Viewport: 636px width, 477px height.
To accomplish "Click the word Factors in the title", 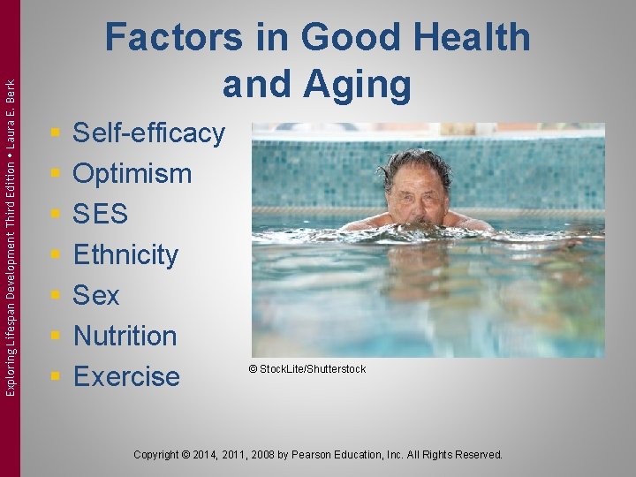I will pyautogui.click(x=173, y=39).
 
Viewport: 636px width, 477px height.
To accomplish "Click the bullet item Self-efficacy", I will pyautogui.click(x=148, y=133).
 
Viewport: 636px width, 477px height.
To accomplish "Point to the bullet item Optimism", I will pyautogui.click(x=132, y=173).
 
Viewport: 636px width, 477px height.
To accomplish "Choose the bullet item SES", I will pyautogui.click(x=100, y=214).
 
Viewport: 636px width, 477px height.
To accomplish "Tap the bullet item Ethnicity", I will pyautogui.click(x=125, y=254).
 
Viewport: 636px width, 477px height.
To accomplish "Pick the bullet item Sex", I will pyautogui.click(x=95, y=295).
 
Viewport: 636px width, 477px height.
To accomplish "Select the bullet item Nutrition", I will pyautogui.click(x=125, y=336).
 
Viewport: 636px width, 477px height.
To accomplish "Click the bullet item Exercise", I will pyautogui.click(x=126, y=376).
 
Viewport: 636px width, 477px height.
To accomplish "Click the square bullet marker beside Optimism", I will pyautogui.click(x=55, y=174).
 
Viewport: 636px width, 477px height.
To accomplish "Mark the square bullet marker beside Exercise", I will pyautogui.click(x=55, y=377).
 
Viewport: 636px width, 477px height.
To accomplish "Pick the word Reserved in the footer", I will pyautogui.click(x=478, y=455).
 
